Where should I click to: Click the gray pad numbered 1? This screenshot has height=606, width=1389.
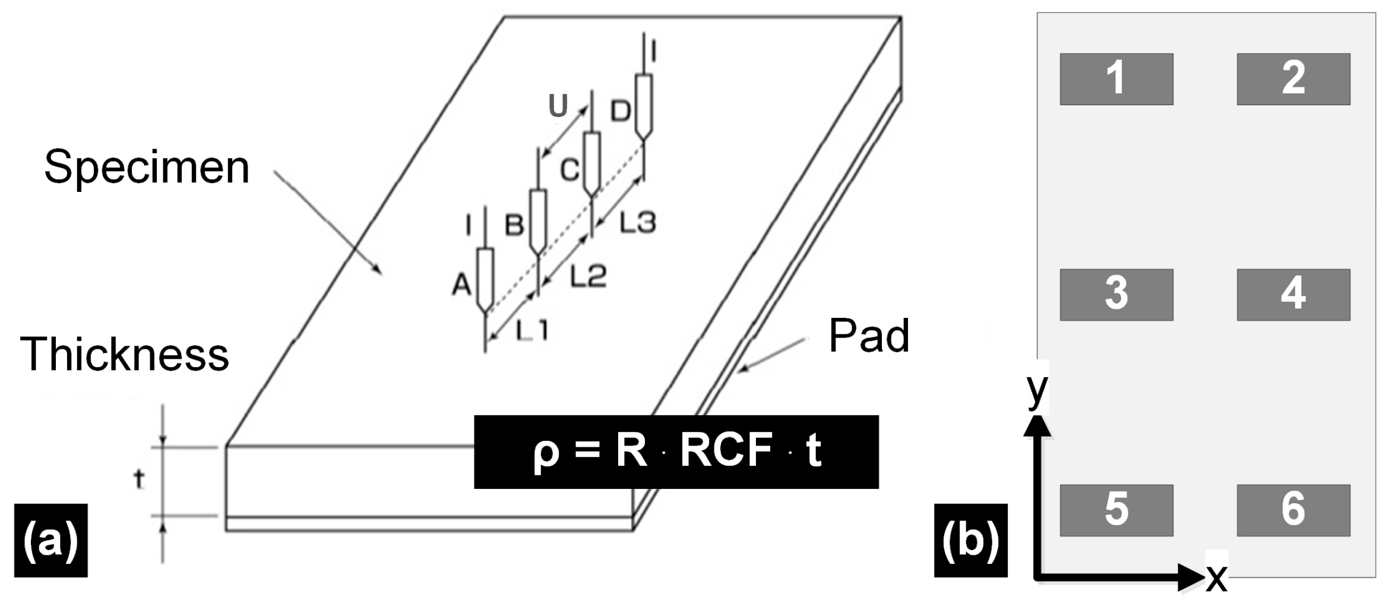pyautogui.click(x=1116, y=79)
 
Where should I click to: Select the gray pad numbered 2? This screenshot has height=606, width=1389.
pyautogui.click(x=1293, y=79)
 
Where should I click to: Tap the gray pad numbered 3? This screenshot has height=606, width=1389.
pyautogui.click(x=1116, y=295)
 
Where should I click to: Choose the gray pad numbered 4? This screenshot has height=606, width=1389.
pyautogui.click(x=1293, y=295)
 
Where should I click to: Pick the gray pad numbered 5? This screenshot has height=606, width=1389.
pyautogui.click(x=1116, y=510)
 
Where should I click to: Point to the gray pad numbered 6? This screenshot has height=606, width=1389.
pyautogui.click(x=1293, y=510)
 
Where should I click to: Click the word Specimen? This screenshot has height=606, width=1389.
pyautogui.click(x=147, y=168)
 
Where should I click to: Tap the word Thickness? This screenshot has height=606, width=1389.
pyautogui.click(x=125, y=354)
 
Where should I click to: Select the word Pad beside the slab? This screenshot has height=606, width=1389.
pyautogui.click(x=868, y=336)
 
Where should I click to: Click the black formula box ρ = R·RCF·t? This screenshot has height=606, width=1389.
pyautogui.click(x=676, y=452)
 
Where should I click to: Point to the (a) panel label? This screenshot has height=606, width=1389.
pyautogui.click(x=51, y=540)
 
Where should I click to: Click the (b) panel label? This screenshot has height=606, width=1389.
pyautogui.click(x=970, y=540)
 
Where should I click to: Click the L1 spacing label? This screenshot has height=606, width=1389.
pyautogui.click(x=532, y=330)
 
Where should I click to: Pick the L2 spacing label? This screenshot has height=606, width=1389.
pyautogui.click(x=588, y=277)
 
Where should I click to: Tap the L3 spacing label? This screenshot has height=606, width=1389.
pyautogui.click(x=637, y=223)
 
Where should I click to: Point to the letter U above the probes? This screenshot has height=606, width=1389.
pyautogui.click(x=558, y=106)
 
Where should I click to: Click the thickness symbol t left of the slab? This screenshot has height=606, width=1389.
pyautogui.click(x=139, y=479)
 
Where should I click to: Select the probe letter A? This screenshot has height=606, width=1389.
pyautogui.click(x=461, y=285)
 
